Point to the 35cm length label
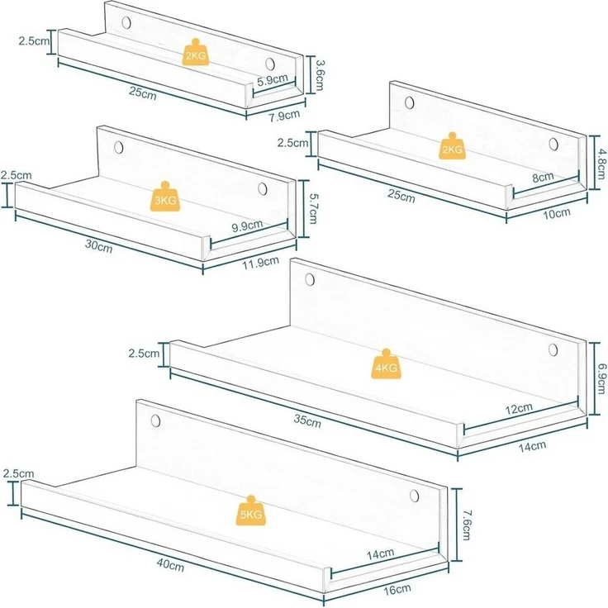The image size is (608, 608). (x=307, y=420)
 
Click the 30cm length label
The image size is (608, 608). (x=99, y=246)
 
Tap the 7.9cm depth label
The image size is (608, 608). (x=285, y=116)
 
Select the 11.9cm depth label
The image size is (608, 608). (x=260, y=263)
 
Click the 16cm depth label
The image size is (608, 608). (x=397, y=590)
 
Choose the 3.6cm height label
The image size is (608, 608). (x=320, y=75)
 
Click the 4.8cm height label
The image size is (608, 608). (x=601, y=161)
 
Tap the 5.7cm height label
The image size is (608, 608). (x=312, y=209)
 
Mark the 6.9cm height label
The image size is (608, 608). (x=601, y=378)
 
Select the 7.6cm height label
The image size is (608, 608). (x=466, y=525)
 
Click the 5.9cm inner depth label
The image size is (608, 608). (x=273, y=80)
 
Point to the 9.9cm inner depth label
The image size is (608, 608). (x=247, y=226)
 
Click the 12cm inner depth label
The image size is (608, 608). (x=519, y=409)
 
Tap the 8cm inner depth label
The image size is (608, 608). (x=543, y=177)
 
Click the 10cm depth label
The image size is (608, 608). (x=556, y=213)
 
